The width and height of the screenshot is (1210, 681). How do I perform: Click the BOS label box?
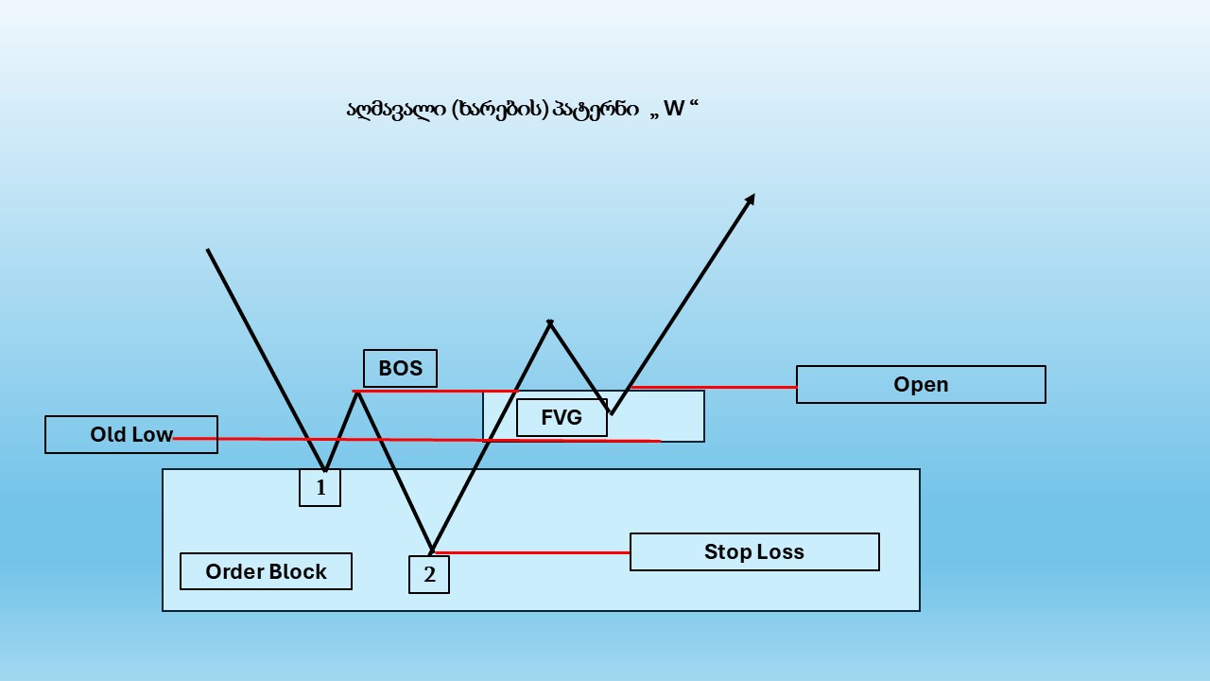click(400, 368)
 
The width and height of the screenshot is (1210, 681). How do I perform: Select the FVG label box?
click(562, 417)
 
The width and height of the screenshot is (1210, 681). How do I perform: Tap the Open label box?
click(921, 384)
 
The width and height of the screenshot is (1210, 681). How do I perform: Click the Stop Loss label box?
click(754, 551)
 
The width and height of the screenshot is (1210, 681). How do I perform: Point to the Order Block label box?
click(266, 571)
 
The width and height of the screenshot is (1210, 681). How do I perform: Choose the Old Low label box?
click(131, 434)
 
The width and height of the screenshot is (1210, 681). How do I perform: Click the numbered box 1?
click(320, 487)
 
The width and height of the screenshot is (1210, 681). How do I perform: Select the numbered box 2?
click(429, 574)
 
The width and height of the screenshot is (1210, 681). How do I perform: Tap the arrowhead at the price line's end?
click(750, 200)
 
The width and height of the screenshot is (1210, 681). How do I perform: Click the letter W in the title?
click(674, 109)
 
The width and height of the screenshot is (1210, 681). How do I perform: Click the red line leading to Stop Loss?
click(532, 552)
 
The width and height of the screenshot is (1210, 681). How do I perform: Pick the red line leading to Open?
click(713, 387)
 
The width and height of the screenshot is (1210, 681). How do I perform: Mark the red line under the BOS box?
click(436, 391)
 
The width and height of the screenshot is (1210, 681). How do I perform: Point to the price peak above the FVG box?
click(550, 323)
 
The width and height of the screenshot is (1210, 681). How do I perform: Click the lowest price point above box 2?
click(432, 550)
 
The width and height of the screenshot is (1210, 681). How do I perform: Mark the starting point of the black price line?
click(207, 250)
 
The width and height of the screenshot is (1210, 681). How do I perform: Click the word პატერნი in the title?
click(596, 110)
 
